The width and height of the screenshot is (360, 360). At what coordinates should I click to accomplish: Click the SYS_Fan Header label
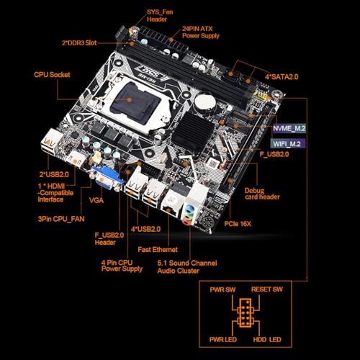point(160,16)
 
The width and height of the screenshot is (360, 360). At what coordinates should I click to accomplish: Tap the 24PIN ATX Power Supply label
point(201,32)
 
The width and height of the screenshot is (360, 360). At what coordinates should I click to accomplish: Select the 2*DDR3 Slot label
point(79,42)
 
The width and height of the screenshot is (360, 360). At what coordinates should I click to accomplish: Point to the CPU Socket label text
point(52,75)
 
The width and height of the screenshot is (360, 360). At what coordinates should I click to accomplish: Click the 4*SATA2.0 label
point(282,77)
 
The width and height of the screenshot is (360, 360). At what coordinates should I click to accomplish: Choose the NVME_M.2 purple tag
point(289,128)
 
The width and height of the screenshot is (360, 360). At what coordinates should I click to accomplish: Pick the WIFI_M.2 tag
point(288,144)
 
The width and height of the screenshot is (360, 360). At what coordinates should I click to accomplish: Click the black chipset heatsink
point(193,132)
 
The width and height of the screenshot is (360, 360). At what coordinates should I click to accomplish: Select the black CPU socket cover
point(135,102)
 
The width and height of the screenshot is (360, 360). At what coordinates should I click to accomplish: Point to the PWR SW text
point(222,289)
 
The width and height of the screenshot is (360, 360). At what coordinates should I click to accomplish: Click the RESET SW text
point(267,289)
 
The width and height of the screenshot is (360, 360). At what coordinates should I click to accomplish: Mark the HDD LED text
point(267,340)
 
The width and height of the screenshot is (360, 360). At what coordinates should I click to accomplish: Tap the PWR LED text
point(223,340)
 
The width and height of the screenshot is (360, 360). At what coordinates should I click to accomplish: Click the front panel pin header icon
point(246,312)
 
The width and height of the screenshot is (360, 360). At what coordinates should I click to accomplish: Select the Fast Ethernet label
point(158,250)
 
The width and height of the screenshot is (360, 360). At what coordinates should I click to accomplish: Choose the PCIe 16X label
point(238,224)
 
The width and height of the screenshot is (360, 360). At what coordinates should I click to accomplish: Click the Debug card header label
point(262,194)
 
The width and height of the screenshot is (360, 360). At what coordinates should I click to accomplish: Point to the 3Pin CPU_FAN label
point(61,219)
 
